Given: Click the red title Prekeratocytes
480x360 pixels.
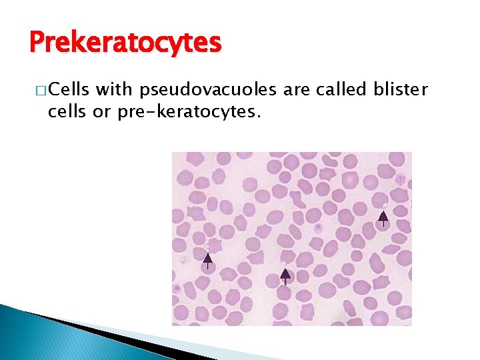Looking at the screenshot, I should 125,43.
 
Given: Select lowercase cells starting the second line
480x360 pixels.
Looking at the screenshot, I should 67,112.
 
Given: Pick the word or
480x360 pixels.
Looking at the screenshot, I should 102,113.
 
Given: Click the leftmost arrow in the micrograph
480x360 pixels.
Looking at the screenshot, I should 207,259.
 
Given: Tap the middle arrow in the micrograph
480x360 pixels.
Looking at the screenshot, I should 285,275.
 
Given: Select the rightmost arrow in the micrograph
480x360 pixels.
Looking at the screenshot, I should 383,217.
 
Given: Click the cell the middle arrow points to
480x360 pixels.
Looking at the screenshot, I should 285,285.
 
